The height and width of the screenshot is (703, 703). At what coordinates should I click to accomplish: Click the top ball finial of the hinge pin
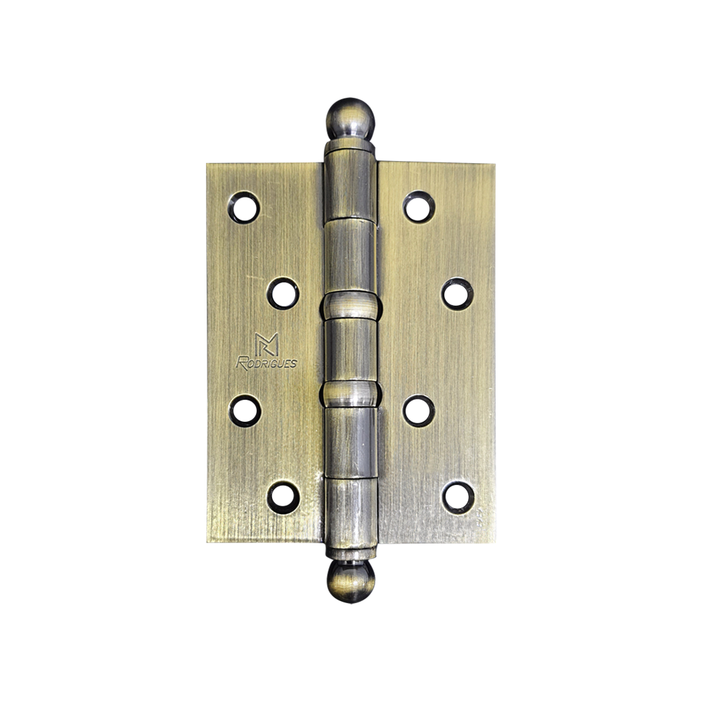coord(349,119)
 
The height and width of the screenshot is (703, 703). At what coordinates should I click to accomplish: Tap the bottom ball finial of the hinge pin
coord(350,581)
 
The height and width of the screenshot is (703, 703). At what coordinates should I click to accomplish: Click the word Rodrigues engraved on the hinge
coord(266,362)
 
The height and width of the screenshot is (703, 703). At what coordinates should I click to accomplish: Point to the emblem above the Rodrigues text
coord(266,344)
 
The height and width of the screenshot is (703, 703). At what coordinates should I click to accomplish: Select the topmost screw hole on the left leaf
coord(244,207)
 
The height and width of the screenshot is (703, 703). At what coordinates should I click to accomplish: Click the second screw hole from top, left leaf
coord(283,294)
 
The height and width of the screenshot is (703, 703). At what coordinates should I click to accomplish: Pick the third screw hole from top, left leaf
coord(245,411)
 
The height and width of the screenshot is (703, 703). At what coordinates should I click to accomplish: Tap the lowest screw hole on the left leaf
coord(283,497)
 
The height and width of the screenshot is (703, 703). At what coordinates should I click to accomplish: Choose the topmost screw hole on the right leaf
coord(419,207)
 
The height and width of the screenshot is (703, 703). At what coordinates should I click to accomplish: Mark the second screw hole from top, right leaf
coord(458,294)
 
